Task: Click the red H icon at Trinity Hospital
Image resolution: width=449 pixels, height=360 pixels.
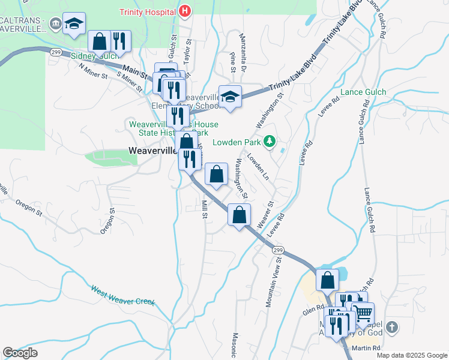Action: pyautogui.click(x=185, y=11)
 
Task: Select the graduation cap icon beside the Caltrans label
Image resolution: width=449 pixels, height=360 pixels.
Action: pyautogui.click(x=74, y=24)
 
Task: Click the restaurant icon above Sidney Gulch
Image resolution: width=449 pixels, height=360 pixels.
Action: pyautogui.click(x=120, y=41)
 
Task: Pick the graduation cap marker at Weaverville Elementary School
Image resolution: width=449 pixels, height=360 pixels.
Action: pyautogui.click(x=229, y=97)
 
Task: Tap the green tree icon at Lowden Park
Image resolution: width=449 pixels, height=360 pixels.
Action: pyautogui.click(x=270, y=142)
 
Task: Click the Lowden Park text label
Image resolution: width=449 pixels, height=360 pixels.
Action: pyautogui.click(x=238, y=142)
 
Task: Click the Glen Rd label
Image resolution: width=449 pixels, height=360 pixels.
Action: pyautogui.click(x=313, y=309)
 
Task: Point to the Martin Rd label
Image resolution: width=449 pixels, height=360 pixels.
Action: pyautogui.click(x=367, y=348)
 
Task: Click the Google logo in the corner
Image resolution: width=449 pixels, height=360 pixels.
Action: pyautogui.click(x=20, y=353)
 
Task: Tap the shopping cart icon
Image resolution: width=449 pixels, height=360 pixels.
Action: pyautogui.click(x=362, y=313)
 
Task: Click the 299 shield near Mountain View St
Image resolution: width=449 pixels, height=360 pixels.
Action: pyautogui.click(x=277, y=249)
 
